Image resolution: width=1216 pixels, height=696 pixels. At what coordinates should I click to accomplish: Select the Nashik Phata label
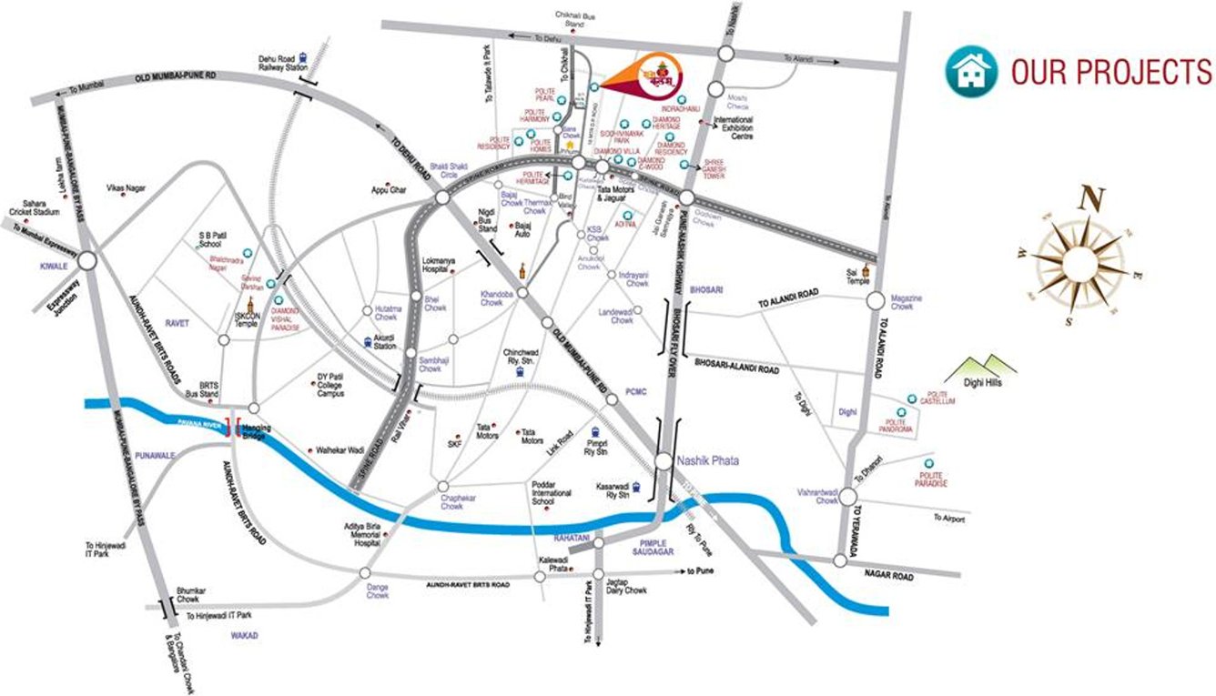(708, 461)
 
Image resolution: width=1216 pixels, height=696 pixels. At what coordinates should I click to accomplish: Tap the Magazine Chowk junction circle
(876, 301)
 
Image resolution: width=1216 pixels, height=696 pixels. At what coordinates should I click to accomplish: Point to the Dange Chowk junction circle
(364, 573)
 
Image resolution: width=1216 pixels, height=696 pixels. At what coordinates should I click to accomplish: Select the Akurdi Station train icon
(368, 342)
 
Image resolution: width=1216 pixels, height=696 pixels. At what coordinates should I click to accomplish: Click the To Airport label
(947, 519)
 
